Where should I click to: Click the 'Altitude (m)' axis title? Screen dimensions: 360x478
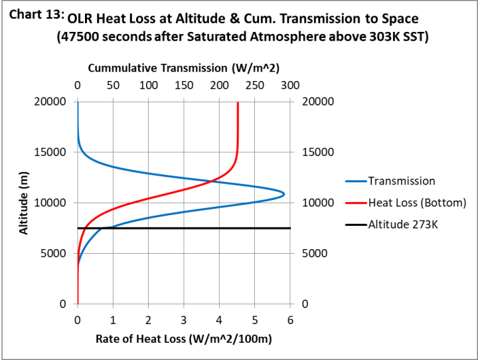24,203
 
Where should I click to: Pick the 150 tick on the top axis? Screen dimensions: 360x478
184,86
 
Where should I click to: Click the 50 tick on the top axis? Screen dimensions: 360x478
113,86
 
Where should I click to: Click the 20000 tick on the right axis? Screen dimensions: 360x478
317,102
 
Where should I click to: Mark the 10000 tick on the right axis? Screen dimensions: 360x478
317,203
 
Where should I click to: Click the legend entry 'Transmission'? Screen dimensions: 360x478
402,181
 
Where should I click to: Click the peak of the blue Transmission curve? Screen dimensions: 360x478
284,194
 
